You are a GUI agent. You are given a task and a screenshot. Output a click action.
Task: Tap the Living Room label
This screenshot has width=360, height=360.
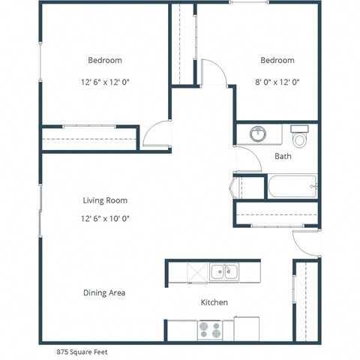pyautogui.click(x=105, y=200)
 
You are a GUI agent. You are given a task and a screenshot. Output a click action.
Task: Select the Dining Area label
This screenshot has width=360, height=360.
pyautogui.click(x=104, y=292)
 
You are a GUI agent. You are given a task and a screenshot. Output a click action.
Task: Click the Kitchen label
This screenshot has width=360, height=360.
pyautogui.click(x=214, y=302)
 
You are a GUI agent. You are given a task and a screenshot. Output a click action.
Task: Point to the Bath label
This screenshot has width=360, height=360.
pyautogui.click(x=283, y=157)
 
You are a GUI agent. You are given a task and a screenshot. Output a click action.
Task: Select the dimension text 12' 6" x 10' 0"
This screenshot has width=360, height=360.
pyautogui.click(x=105, y=219)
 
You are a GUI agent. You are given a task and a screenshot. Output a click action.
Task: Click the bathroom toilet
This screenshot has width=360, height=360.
pyautogui.click(x=300, y=136)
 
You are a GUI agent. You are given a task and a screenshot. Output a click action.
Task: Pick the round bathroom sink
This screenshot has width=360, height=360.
pyautogui.click(x=258, y=133)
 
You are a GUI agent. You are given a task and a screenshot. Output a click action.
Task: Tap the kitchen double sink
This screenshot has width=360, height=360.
pyautogui.click(x=223, y=271)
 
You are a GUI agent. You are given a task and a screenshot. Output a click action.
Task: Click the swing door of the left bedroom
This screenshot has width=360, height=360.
pyautogui.click(x=156, y=134)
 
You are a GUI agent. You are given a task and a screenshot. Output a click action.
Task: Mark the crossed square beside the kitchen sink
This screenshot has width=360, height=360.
pyautogui.click(x=196, y=272)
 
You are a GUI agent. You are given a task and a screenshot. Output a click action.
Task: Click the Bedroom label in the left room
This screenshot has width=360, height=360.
pyautogui.click(x=105, y=60)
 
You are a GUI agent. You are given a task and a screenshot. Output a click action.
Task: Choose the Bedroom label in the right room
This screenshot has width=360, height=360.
pyautogui.click(x=277, y=60)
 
